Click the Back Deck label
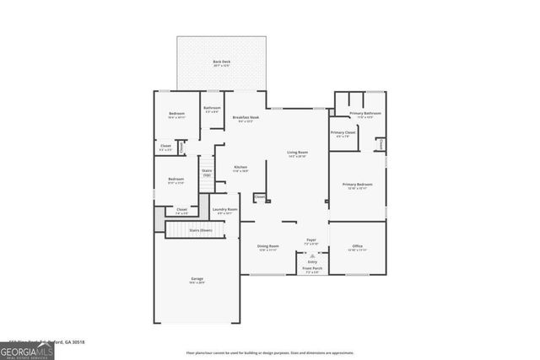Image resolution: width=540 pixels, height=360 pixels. tap(222, 62)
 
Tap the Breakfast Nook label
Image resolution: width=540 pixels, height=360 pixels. tap(246, 118)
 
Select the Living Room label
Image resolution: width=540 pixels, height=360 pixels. tap(297, 153)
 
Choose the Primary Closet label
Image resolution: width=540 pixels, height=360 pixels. tap(343, 133)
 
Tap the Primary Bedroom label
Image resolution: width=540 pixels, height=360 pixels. tap(357, 185)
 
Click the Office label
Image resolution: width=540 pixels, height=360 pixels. tap(357, 247)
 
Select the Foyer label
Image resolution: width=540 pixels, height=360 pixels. tap(311, 241)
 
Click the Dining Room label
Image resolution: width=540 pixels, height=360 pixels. tap(267, 247)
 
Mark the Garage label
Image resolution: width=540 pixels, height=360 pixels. tap(197, 280)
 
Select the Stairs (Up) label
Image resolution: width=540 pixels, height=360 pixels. tap(207, 172)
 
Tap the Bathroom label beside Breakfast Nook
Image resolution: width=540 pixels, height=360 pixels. tap(212, 109)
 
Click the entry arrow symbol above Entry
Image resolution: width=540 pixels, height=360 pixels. tap(311, 255)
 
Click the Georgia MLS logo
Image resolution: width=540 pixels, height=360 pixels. tap(27, 350)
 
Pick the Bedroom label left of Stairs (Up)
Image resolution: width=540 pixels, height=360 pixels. tap(175, 180)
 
